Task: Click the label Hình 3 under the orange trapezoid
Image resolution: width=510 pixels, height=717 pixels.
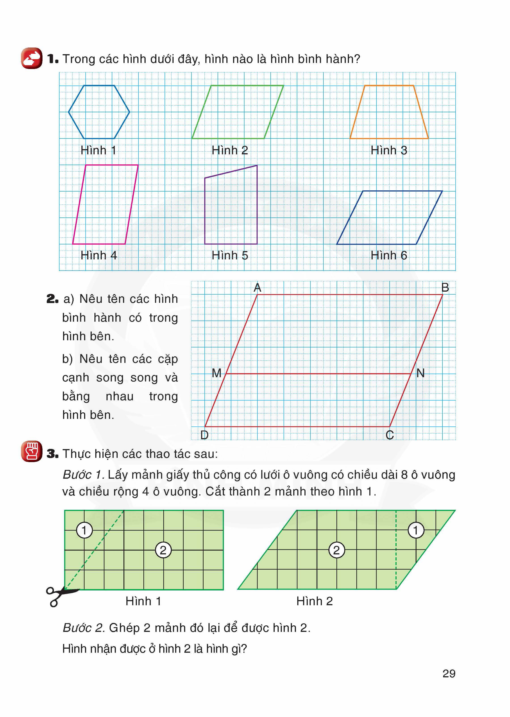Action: [389, 150]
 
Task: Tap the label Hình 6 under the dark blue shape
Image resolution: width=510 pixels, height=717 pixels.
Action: [389, 255]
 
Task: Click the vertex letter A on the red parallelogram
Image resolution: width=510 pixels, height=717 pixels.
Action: [257, 287]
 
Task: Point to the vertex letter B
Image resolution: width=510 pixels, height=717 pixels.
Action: [445, 287]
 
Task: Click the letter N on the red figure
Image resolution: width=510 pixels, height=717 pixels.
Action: [421, 373]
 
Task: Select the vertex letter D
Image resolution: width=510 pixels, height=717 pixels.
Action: [204, 435]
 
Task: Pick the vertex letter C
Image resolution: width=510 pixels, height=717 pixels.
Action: [390, 435]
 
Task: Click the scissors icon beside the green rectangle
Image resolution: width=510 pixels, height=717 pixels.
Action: [60, 596]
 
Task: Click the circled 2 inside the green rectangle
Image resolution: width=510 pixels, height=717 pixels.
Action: [163, 550]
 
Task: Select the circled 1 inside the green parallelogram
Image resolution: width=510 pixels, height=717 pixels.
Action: [416, 530]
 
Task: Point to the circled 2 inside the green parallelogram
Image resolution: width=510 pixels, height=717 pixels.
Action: [336, 550]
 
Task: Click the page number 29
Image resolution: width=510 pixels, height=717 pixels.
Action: [449, 674]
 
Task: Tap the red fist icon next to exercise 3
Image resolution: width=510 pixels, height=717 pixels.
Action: [32, 451]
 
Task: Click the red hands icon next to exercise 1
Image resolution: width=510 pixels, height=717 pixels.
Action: [32, 58]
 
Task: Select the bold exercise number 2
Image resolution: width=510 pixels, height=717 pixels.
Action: [52, 299]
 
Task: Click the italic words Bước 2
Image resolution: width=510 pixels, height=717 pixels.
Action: [83, 628]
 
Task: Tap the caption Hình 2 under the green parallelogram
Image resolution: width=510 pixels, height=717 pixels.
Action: [314, 601]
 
